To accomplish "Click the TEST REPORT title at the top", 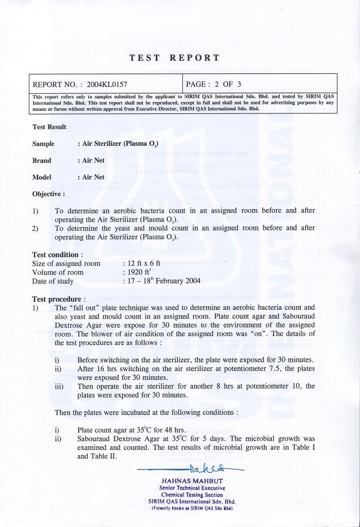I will click(x=175, y=58).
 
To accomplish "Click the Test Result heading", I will click(x=49, y=127).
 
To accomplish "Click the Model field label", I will click(x=41, y=177).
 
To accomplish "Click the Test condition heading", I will click(x=56, y=255).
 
